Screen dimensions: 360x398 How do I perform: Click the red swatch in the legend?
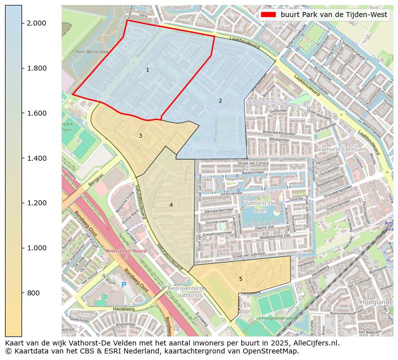click(x=268, y=15)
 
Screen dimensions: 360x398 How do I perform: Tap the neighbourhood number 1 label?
click(x=147, y=70)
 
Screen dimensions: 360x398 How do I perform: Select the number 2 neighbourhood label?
click(x=220, y=101)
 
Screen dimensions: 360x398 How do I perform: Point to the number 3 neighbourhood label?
click(x=140, y=136)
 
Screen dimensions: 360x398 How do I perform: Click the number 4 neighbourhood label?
click(x=171, y=205)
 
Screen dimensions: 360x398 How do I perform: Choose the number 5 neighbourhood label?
click(x=241, y=279)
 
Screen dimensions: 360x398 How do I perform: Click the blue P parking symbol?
click(x=124, y=285)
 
